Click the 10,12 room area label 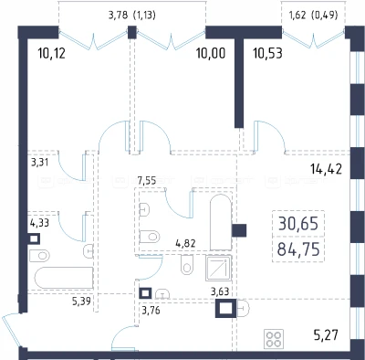click(52, 53)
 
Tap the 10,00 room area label click(211, 53)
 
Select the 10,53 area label click(267, 53)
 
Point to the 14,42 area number click(326, 169)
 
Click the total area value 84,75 click(298, 250)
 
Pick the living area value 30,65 click(298, 224)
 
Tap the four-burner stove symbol click(275, 339)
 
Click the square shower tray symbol click(219, 268)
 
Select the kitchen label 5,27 click(326, 335)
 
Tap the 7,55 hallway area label click(147, 181)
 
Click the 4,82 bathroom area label click(185, 243)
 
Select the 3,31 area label click(40, 162)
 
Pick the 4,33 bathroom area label click(39, 223)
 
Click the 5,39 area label click(81, 301)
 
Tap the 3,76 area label click(151, 311)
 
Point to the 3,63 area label click(220, 291)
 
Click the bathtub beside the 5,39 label click(64, 278)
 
